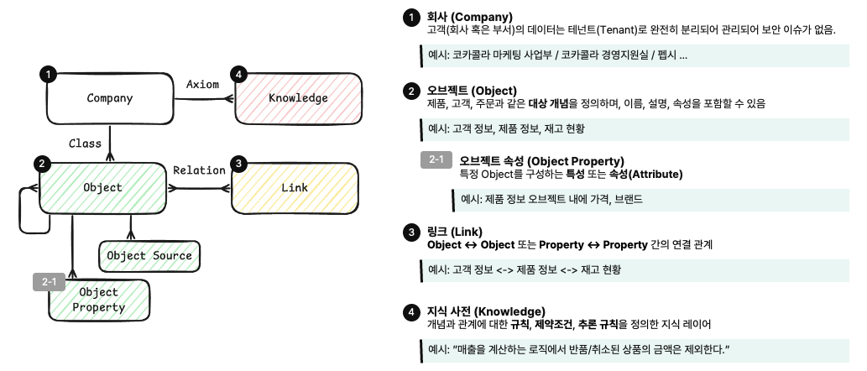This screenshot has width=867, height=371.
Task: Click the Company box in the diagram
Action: (x=110, y=98)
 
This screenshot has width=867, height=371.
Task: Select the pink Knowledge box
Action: (x=298, y=98)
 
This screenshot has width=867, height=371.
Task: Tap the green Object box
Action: (x=103, y=188)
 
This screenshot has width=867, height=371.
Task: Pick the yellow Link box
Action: (x=295, y=187)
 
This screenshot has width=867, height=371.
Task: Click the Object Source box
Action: (x=149, y=256)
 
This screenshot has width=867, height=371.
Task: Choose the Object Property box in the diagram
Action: (x=98, y=300)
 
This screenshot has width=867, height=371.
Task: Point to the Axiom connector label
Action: (x=202, y=84)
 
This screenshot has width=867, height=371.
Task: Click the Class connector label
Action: (x=85, y=144)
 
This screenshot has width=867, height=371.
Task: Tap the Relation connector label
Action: (x=199, y=170)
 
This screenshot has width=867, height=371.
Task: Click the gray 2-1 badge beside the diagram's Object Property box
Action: (x=49, y=282)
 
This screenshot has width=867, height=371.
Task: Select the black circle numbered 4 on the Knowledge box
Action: (x=241, y=75)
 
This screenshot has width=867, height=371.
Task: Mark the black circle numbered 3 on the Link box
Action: (x=239, y=164)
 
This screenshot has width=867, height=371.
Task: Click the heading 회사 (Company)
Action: (x=469, y=17)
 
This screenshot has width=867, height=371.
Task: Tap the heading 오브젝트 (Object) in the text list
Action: (x=472, y=91)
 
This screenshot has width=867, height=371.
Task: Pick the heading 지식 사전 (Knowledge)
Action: (x=486, y=311)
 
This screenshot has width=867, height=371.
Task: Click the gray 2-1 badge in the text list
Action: (x=436, y=160)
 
